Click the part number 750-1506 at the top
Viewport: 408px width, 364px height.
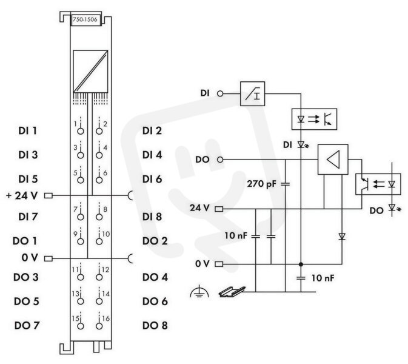click(85, 19)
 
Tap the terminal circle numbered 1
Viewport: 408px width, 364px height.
click(81, 131)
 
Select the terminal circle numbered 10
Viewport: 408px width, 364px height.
click(99, 241)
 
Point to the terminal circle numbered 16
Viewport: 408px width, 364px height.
click(99, 326)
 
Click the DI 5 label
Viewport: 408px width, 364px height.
click(28, 179)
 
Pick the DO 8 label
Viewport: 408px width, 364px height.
click(155, 325)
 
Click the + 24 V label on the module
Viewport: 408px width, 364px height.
click(22, 195)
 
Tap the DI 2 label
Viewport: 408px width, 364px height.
click(152, 130)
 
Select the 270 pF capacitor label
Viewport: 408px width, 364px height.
click(261, 184)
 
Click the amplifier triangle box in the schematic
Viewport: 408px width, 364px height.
click(333, 160)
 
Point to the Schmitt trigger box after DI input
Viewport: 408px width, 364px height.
click(252, 94)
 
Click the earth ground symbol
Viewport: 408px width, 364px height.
click(199, 292)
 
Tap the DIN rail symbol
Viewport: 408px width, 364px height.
click(232, 292)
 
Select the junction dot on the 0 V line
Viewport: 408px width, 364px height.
click(301, 265)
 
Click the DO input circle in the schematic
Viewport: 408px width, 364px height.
click(220, 160)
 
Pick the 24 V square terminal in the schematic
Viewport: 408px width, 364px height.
click(219, 209)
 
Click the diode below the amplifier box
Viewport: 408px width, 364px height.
click(342, 237)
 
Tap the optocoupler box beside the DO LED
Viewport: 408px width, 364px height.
click(378, 184)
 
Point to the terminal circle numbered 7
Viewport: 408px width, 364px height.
click(81, 217)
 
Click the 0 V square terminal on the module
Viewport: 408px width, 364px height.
click(48, 258)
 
